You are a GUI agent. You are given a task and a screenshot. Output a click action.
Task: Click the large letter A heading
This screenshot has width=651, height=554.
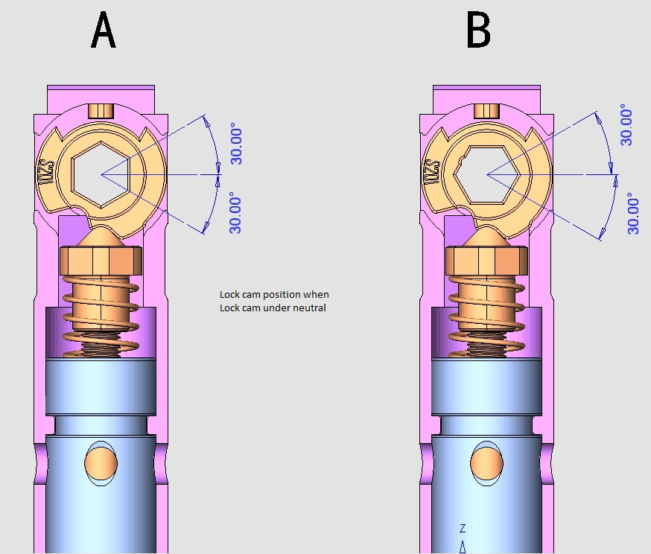click(104, 32)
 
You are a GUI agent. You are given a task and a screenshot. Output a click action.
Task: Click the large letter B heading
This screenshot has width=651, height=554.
click(478, 32)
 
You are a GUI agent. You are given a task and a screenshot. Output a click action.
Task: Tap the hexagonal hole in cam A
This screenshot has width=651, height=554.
click(101, 173)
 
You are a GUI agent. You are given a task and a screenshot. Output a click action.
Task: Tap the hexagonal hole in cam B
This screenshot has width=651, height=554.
click(487, 173)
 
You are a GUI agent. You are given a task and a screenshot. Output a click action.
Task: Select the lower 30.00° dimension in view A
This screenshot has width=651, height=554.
click(236, 213)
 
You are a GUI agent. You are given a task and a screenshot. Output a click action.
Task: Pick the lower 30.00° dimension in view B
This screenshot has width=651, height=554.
click(632, 213)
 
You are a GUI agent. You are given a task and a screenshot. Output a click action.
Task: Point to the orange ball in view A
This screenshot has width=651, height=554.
click(101, 462)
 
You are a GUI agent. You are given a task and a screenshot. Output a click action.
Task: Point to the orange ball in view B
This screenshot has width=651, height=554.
click(486, 462)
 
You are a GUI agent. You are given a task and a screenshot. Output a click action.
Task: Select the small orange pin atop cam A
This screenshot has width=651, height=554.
click(100, 110)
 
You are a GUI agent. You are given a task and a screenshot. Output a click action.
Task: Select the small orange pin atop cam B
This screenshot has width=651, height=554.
click(486, 110)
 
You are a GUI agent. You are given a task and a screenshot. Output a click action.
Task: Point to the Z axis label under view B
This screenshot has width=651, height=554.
click(463, 529)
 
